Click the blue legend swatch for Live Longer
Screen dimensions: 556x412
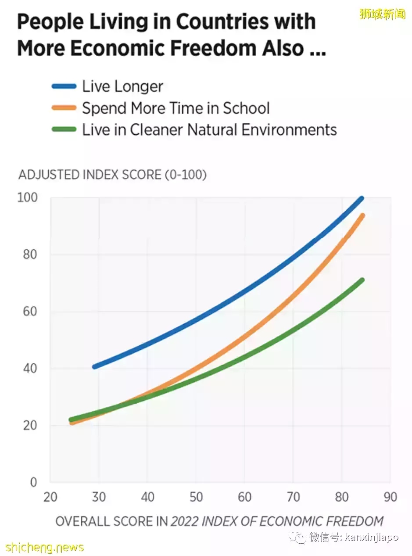pyautogui.click(x=64, y=86)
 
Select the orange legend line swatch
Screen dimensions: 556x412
pyautogui.click(x=64, y=108)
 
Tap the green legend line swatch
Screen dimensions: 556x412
pyautogui.click(x=64, y=130)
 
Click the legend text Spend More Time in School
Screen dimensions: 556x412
pyautogui.click(x=176, y=108)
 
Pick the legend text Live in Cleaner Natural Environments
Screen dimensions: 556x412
pyautogui.click(x=209, y=130)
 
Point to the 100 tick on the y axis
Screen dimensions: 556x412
pyautogui.click(x=28, y=197)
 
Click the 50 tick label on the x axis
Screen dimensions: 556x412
pyautogui.click(x=196, y=497)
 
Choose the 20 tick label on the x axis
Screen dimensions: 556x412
pyautogui.click(x=50, y=497)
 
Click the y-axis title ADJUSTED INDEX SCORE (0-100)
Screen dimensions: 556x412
pyautogui.click(x=112, y=175)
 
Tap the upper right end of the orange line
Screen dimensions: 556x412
pyautogui.click(x=362, y=215)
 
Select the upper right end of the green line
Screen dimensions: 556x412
pyautogui.click(x=362, y=280)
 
